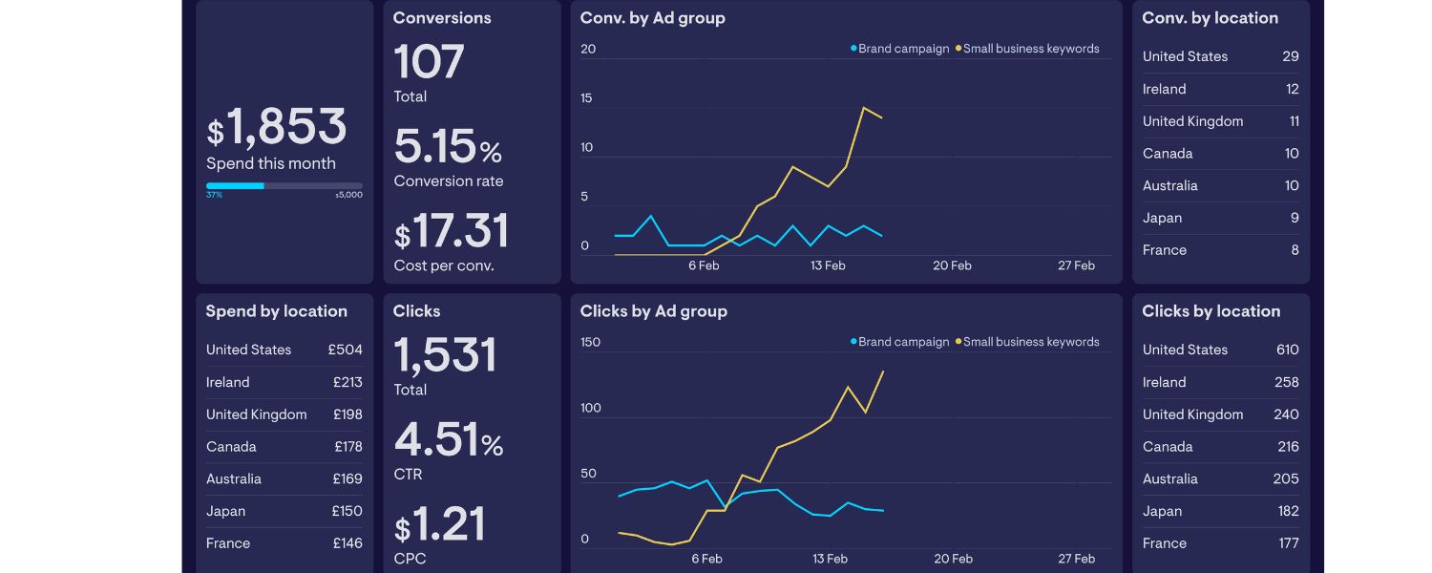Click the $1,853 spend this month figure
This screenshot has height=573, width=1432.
tap(276, 128)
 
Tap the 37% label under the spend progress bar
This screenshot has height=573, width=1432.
tap(214, 195)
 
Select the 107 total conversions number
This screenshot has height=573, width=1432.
tap(429, 62)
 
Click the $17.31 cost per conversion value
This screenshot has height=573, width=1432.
tap(451, 232)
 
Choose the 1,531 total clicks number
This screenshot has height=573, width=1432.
tap(445, 355)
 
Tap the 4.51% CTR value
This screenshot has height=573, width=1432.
tap(448, 440)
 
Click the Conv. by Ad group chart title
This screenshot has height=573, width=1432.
tap(652, 18)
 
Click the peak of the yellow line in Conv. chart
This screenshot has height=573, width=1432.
tap(863, 107)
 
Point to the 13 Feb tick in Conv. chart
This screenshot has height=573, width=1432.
tap(828, 265)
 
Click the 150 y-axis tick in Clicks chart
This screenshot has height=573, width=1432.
tap(590, 342)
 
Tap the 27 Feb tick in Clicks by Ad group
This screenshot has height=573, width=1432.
tap(1076, 559)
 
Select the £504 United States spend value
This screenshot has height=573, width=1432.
tap(345, 350)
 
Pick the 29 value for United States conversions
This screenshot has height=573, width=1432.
tap(1290, 56)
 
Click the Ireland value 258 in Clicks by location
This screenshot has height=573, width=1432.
tap(1286, 382)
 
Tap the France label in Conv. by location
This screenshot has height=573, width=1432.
tap(1164, 250)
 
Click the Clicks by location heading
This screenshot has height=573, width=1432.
tap(1211, 311)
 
